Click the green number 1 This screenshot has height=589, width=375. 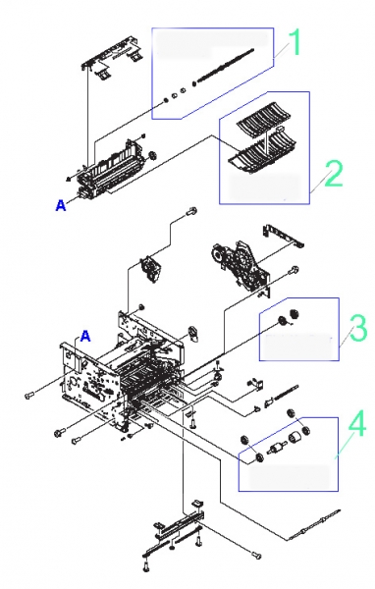[x=295, y=42]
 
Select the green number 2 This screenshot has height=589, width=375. [x=333, y=173]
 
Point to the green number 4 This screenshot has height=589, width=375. [x=356, y=424]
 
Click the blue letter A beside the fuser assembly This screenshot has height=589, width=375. [x=61, y=205]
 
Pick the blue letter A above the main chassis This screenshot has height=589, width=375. [x=85, y=336]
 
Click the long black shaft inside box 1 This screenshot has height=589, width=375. [x=223, y=67]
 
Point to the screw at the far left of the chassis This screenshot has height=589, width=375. [x=28, y=396]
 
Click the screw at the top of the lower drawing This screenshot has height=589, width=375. [x=190, y=212]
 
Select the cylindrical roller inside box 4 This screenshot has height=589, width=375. [x=294, y=438]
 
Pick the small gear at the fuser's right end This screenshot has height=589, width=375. [x=152, y=155]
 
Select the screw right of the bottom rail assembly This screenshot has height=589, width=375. [x=256, y=555]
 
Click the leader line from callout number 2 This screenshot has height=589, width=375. [x=318, y=181]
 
